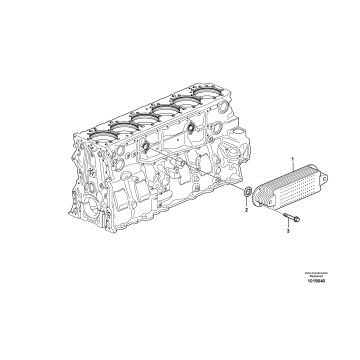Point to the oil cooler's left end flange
(262, 199)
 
